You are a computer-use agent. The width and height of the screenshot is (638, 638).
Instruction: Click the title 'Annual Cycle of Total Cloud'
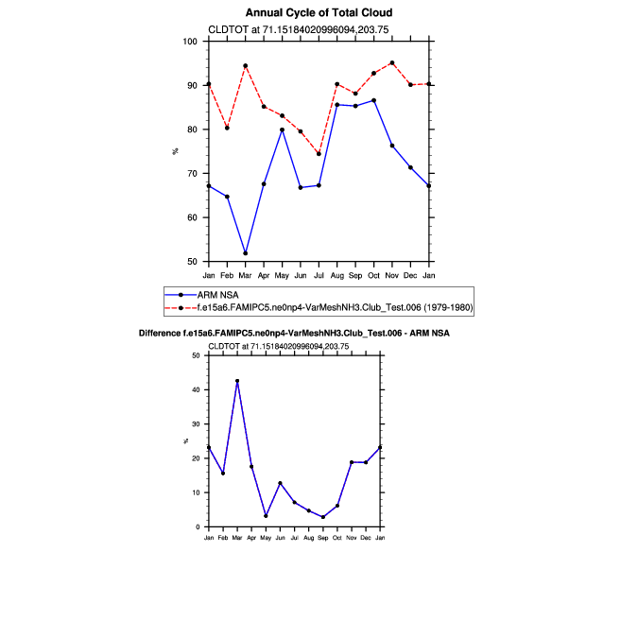tap(319, 13)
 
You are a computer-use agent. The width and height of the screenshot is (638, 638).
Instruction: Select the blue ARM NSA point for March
tap(246, 253)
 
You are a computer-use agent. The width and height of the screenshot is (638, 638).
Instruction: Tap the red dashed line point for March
tap(246, 66)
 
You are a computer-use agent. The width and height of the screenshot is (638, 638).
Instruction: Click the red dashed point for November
tap(392, 63)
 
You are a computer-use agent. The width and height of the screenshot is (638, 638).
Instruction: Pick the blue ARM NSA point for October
tap(373, 100)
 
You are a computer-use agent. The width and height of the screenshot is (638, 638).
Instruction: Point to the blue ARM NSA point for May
tap(282, 129)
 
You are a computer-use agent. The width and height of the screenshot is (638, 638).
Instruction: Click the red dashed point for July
tap(319, 153)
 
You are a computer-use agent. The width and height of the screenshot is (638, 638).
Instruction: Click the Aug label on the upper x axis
tap(337, 274)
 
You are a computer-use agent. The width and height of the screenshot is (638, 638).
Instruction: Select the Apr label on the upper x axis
tap(264, 274)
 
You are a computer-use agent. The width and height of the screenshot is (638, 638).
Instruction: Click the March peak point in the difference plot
tap(237, 381)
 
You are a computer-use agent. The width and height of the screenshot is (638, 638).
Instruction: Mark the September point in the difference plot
tap(323, 517)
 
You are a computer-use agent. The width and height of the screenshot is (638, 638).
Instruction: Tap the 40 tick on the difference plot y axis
tap(197, 389)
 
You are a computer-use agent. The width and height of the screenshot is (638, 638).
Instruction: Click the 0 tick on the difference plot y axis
tap(198, 527)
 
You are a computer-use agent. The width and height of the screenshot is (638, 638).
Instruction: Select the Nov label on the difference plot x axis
tap(352, 537)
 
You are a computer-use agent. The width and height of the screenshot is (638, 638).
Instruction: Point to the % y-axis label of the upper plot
tap(175, 151)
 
